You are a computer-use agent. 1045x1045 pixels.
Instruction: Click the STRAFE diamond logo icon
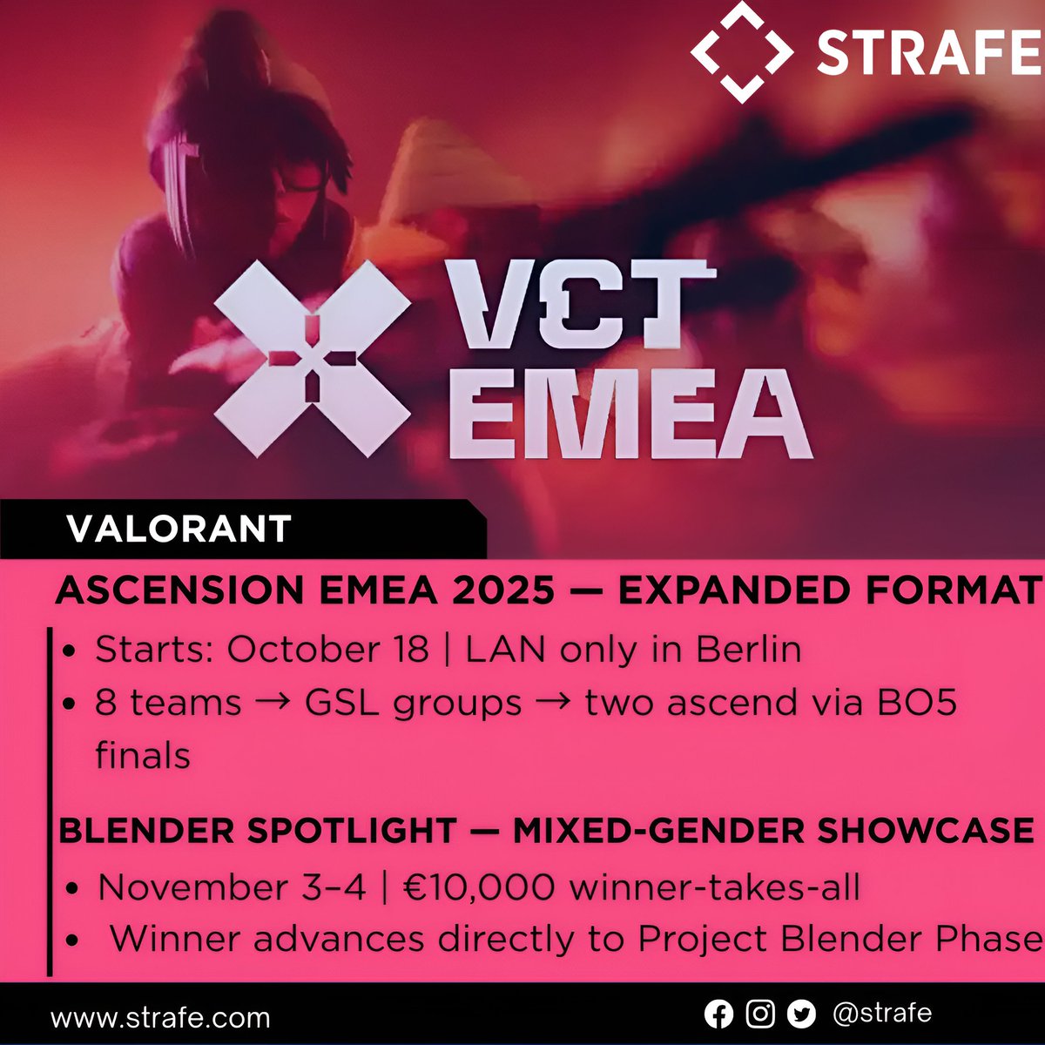pos(741,51)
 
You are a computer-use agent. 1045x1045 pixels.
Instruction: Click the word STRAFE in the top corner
pos(928,52)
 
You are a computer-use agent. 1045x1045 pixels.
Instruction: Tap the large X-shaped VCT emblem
pos(312,358)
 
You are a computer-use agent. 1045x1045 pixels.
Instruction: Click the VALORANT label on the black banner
pos(179,529)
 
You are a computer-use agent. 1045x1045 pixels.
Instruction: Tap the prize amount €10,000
pos(477,887)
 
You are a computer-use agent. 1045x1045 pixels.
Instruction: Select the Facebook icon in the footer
pos(718,1015)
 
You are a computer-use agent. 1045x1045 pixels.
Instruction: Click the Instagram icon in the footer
pos(760,1015)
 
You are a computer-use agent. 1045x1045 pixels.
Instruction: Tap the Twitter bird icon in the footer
pos(801,1015)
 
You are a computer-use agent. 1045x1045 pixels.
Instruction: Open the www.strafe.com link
pos(160,1017)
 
